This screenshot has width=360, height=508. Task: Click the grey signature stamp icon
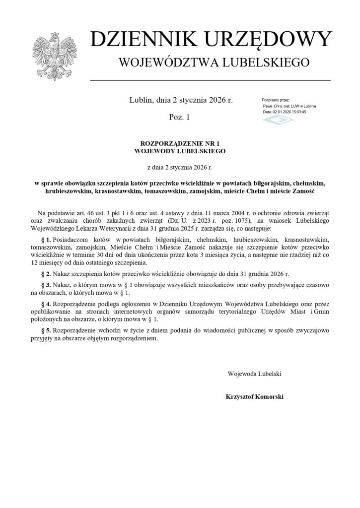point(271,121)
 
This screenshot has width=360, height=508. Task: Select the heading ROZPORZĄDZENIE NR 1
point(180,142)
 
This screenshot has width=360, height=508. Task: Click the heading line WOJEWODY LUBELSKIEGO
point(180,150)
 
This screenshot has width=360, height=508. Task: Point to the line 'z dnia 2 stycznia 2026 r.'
point(180,168)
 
